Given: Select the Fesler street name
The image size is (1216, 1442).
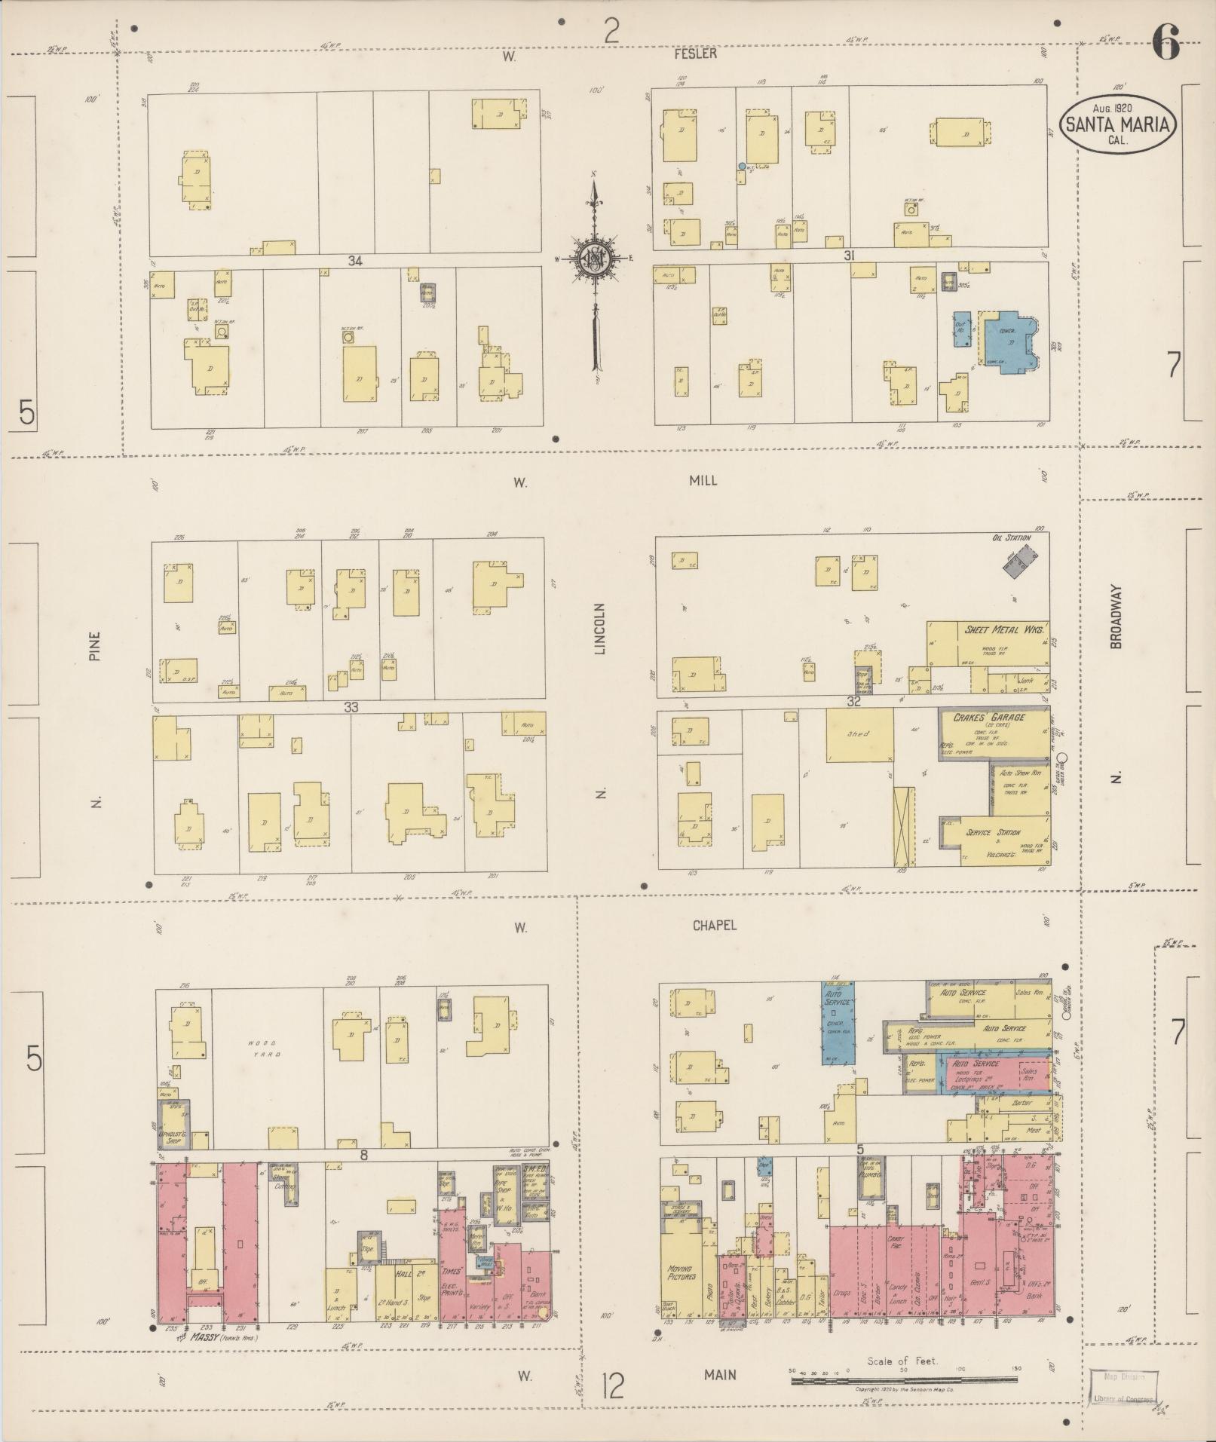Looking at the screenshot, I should coord(696,54).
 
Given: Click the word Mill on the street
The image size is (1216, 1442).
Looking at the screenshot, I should coord(701,480).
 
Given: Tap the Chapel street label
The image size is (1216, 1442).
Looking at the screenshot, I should coord(715,926).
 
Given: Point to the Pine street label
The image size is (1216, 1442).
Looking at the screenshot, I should coord(95,645).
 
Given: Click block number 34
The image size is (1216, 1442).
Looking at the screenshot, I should coord(356,262).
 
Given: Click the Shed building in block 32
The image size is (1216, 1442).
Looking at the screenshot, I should coord(859,734).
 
